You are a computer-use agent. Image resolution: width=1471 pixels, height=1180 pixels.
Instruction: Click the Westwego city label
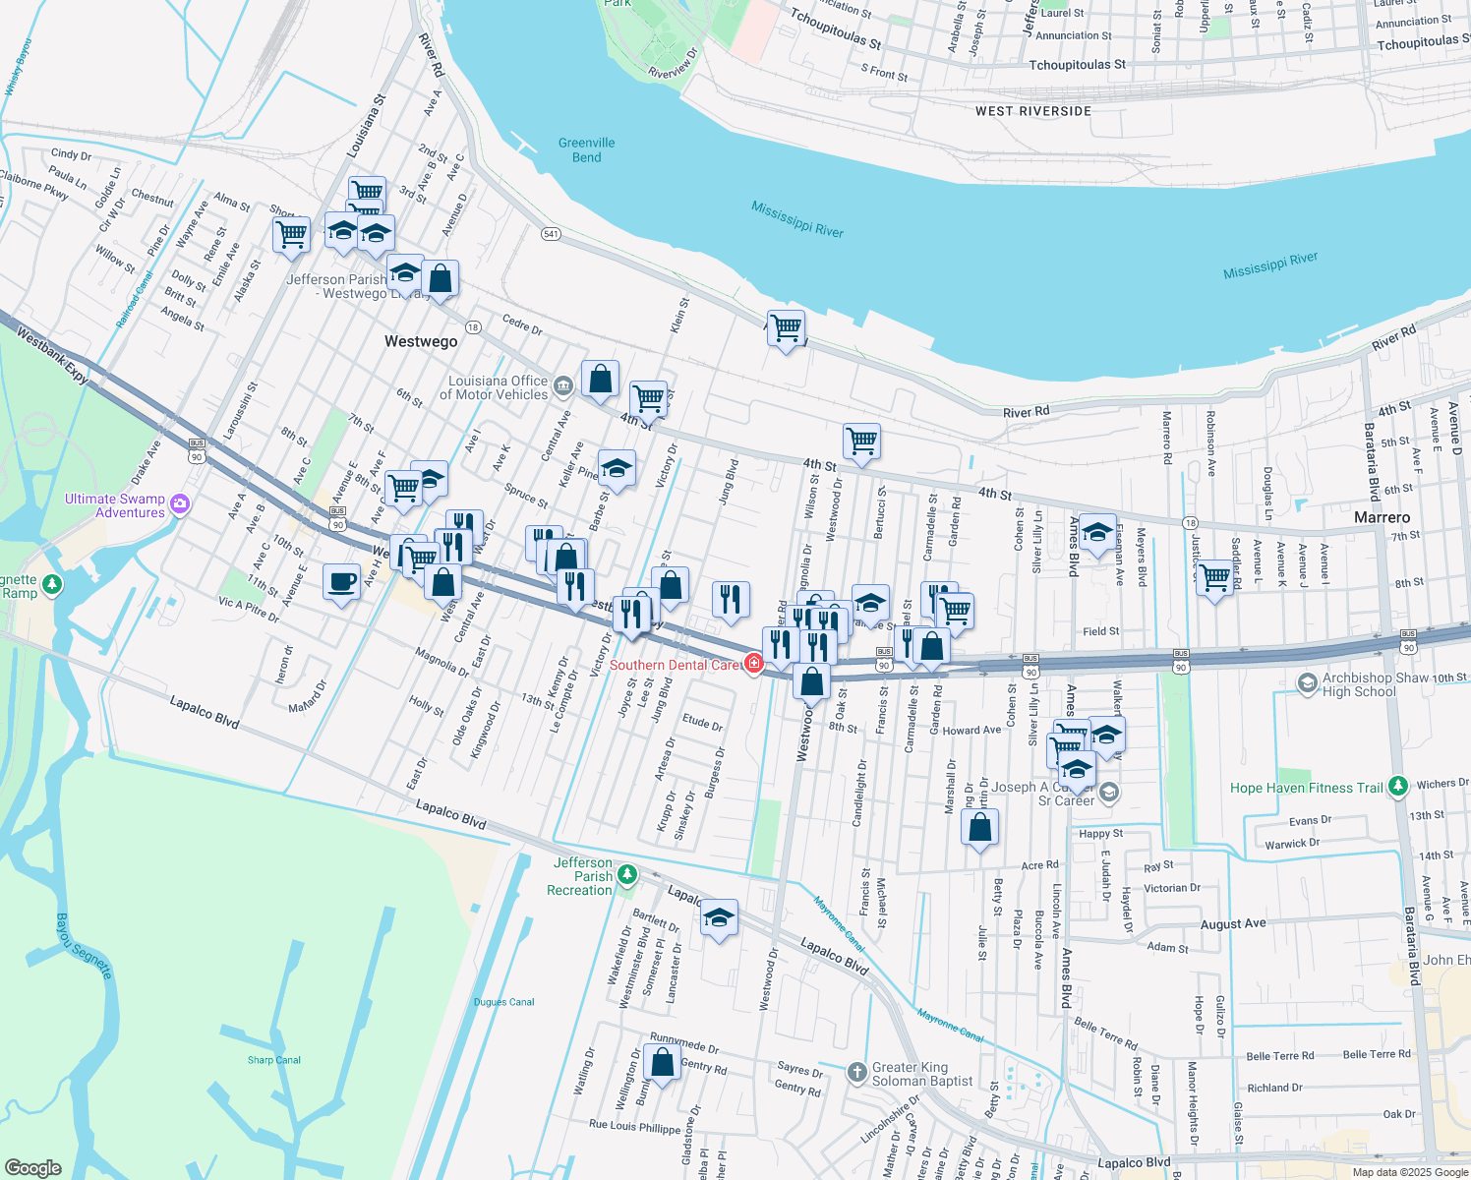coord(421,341)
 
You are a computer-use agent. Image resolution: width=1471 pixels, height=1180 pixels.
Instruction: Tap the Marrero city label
coord(1382,517)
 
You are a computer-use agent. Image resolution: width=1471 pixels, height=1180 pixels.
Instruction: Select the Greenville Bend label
coord(586,149)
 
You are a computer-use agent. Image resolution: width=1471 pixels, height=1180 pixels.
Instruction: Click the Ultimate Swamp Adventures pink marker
coord(180,504)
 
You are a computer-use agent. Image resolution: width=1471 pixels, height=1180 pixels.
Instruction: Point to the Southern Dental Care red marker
coord(754,664)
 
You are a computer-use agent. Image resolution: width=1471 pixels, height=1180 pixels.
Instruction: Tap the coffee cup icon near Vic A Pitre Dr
coord(341,582)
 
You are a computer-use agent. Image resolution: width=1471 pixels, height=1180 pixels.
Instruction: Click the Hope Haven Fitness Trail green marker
coord(1397,787)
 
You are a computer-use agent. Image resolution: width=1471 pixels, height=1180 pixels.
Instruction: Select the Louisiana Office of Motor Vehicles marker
coord(562,385)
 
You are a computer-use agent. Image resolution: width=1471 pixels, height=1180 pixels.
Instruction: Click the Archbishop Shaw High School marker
coord(1307,682)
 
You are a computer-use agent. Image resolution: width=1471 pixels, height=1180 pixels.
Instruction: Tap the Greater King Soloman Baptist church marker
coord(856,1071)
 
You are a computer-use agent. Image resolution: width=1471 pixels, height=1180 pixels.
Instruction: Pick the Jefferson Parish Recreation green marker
coord(627,874)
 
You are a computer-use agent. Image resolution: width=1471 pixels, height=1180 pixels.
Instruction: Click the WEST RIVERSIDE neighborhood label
coord(1032,111)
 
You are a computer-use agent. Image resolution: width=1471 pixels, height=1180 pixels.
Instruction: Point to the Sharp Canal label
coord(274,1060)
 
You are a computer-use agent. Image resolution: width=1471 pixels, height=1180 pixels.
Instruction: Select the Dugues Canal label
coord(503,1002)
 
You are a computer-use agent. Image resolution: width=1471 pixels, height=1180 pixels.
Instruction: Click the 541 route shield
coord(551,234)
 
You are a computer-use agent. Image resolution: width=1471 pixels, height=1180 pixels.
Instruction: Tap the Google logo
coord(32,1167)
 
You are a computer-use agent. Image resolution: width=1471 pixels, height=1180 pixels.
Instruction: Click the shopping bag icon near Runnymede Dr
coord(662,1062)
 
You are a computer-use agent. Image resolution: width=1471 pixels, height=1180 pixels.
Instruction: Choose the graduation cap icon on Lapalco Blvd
coord(719,918)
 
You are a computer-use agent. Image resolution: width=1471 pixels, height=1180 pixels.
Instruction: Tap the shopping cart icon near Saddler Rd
coord(1214,577)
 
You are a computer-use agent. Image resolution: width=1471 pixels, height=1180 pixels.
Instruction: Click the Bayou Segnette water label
coord(84,946)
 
